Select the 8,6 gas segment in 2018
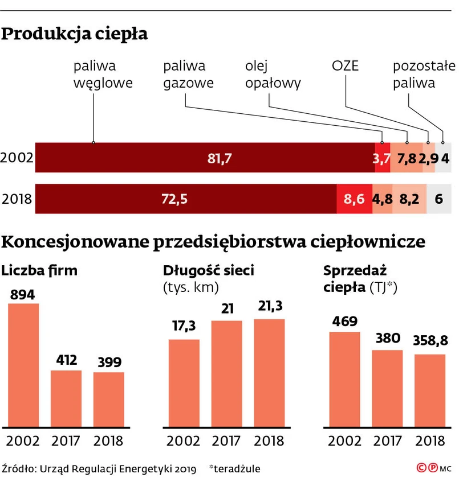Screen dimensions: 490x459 (x=354, y=199)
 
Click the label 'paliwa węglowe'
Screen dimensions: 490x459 (x=103, y=75)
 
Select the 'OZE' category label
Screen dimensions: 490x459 (x=345, y=66)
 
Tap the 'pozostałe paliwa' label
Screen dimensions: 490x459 (x=420, y=75)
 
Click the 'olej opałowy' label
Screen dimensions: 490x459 (x=273, y=75)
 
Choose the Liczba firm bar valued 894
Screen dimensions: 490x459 (x=23, y=364)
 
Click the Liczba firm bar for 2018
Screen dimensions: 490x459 (x=108, y=398)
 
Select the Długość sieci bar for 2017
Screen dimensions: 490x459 (x=226, y=373)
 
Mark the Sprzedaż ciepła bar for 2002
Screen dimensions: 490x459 (x=344, y=378)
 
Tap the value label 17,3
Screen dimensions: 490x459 (x=184, y=326)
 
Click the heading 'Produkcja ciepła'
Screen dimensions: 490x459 (x=75, y=34)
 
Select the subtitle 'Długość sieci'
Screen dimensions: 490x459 (x=208, y=270)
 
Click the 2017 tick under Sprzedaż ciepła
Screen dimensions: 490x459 (x=387, y=440)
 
